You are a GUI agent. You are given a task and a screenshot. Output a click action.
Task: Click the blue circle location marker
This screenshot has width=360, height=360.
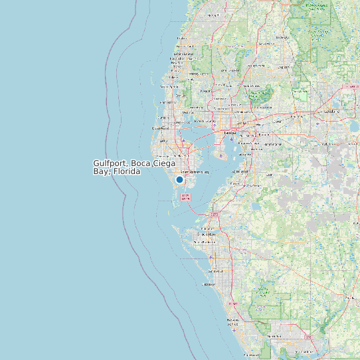pos(179,179)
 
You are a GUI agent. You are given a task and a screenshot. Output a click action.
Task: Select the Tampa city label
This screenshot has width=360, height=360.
pos(229,133)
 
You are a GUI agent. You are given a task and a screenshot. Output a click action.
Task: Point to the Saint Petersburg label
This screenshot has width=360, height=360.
pos(194,171)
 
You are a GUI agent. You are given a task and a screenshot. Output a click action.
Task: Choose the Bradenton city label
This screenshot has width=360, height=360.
pos(206,234)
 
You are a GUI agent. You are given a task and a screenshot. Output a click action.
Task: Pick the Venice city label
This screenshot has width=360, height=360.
pos(233,321)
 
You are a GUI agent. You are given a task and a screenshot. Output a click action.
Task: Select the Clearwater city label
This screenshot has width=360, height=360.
pos(161,128)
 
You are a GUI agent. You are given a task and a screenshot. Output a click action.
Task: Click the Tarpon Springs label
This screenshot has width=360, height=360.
pos(170,86)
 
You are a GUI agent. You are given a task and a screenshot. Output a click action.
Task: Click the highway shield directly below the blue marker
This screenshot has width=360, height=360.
pos(185,197)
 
